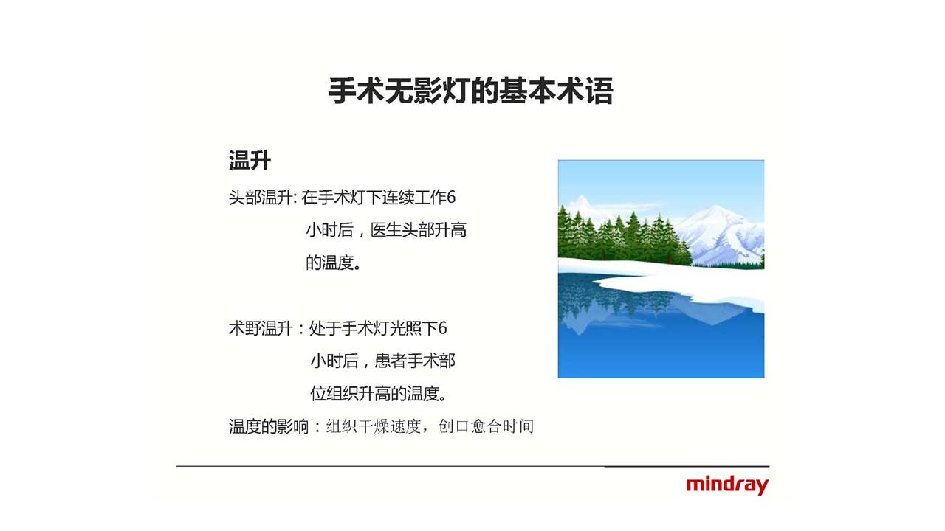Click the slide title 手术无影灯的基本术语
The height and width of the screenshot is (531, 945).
click(470, 91)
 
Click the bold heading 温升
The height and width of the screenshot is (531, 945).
click(250, 161)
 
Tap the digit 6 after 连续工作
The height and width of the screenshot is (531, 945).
click(451, 197)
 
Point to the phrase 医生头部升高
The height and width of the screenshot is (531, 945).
click(419, 230)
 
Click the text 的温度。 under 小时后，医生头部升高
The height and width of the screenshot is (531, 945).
click(334, 263)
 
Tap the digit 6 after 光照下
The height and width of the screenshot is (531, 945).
click(442, 328)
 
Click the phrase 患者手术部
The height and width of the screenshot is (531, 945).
click(415, 361)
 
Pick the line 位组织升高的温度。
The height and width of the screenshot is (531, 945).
click(379, 394)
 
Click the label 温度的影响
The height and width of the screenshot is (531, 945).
click(269, 426)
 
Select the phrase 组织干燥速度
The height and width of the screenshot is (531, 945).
click(374, 426)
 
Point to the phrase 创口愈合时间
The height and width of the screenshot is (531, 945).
click(486, 426)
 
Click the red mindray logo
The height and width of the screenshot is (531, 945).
click(727, 485)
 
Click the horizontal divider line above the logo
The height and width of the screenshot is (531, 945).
click(473, 467)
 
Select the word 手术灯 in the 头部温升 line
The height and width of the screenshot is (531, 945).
click(341, 197)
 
